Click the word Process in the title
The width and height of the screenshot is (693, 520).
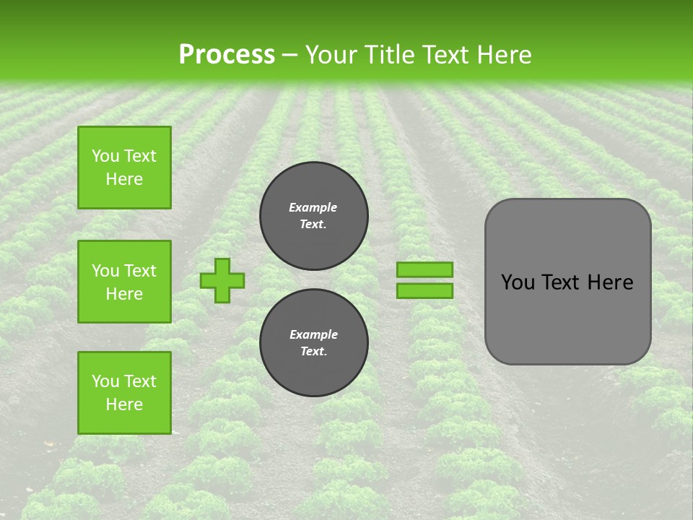pyautogui.click(x=227, y=54)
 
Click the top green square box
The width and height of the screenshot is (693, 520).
pyautogui.click(x=124, y=168)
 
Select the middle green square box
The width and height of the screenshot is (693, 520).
pyautogui.click(x=124, y=282)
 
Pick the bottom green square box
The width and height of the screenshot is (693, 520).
pyautogui.click(x=124, y=392)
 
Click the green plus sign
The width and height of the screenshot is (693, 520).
pyautogui.click(x=222, y=280)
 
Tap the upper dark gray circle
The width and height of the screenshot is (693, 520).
pyautogui.click(x=314, y=216)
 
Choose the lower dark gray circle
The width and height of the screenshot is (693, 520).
pyautogui.click(x=314, y=342)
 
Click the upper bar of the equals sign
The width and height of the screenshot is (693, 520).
pyautogui.click(x=424, y=269)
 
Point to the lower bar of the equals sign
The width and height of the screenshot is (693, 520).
pyautogui.click(x=424, y=290)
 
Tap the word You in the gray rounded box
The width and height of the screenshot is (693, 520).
pyautogui.click(x=517, y=282)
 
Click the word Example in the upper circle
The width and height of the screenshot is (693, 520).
pyautogui.click(x=313, y=207)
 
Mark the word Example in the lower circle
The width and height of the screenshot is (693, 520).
pyautogui.click(x=313, y=334)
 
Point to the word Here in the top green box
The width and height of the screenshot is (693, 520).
pyautogui.click(x=124, y=179)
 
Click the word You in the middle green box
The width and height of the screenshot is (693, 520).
pyautogui.click(x=106, y=271)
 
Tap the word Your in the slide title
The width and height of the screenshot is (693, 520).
pyautogui.click(x=331, y=54)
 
